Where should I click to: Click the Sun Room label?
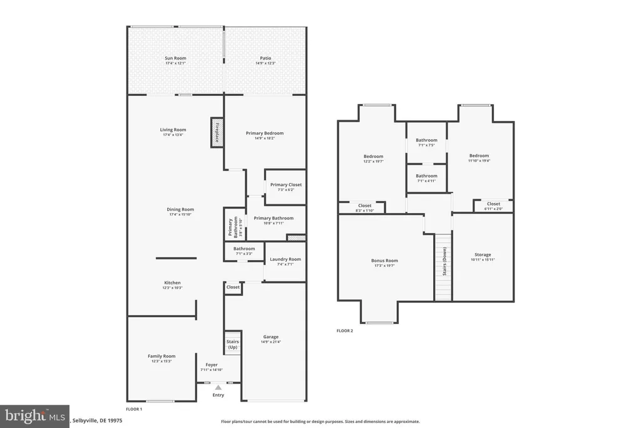175,58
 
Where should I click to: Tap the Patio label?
266,58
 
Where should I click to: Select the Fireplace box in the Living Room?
217,133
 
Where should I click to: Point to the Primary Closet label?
286,185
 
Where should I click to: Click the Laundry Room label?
285,259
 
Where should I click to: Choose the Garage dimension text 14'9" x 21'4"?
271,342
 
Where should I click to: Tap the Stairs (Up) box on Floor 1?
232,344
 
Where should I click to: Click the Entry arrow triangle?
218,388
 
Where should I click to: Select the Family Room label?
162,356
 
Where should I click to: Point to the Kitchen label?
172,283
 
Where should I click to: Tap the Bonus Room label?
384,260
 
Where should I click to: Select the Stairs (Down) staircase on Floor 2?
443,266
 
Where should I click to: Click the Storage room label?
483,254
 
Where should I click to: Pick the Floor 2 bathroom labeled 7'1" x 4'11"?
426,179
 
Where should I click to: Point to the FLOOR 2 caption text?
345,330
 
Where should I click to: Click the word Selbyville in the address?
88,421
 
